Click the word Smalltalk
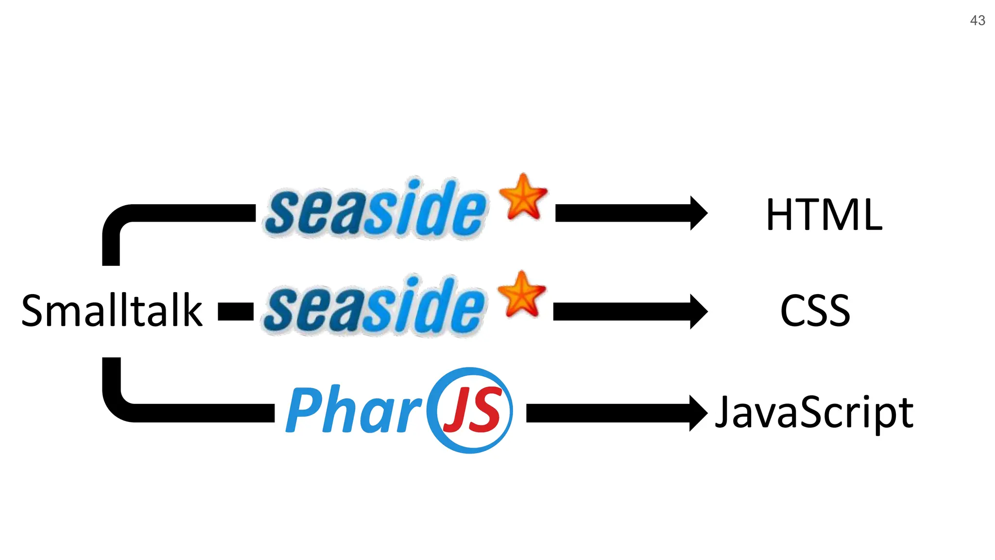(x=112, y=311)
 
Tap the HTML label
(x=824, y=214)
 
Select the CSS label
(x=815, y=311)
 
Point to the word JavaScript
(x=814, y=413)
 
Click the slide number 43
(x=978, y=20)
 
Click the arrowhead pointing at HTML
(x=698, y=213)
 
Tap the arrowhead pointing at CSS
(x=698, y=311)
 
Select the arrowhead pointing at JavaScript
(x=698, y=413)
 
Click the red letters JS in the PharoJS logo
(x=471, y=411)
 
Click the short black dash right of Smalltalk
(x=236, y=312)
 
